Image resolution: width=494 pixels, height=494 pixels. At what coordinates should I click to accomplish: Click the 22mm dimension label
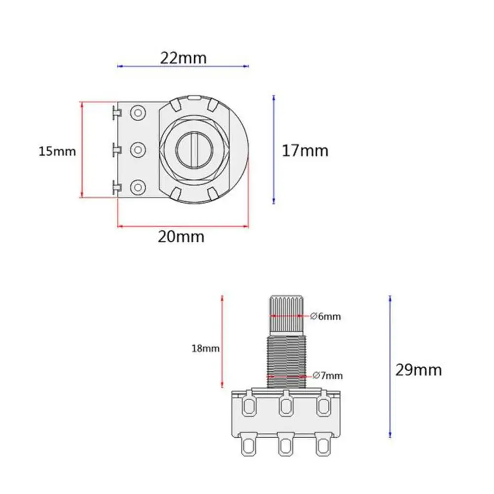click(x=183, y=58)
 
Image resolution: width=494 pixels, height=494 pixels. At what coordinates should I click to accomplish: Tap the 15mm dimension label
click(x=57, y=151)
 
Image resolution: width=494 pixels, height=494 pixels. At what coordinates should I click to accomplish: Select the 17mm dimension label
click(x=305, y=150)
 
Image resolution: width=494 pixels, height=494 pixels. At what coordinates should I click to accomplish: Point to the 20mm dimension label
click(x=181, y=237)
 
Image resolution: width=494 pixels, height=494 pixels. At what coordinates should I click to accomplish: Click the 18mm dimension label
click(x=206, y=349)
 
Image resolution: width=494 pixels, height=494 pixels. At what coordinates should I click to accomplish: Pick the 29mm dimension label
click(x=419, y=370)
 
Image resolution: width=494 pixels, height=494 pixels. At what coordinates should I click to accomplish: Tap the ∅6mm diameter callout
click(x=325, y=317)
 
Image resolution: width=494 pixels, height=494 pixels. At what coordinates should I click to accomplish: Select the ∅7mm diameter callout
click(x=328, y=376)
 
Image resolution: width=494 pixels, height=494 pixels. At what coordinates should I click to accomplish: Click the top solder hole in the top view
click(x=138, y=112)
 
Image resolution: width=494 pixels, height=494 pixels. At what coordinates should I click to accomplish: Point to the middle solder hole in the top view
click(x=138, y=150)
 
